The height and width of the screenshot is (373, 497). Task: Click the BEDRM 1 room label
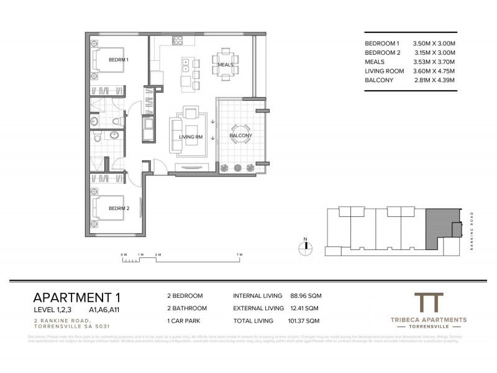click(118, 60)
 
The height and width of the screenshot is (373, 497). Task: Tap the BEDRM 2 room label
click(119, 208)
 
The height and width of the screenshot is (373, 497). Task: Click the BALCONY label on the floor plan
click(240, 135)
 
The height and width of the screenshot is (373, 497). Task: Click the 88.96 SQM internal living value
click(306, 296)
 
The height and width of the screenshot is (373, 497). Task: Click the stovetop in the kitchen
click(176, 40)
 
